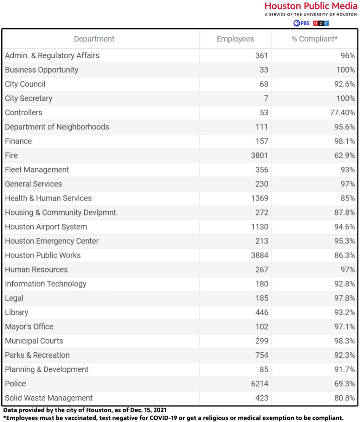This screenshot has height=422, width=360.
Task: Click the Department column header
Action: click(94, 39)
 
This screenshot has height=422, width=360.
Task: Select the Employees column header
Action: click(235, 39)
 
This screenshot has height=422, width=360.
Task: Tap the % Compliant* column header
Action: click(314, 39)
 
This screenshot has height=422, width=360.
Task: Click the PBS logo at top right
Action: click(301, 23)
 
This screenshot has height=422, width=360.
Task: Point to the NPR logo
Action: click(321, 23)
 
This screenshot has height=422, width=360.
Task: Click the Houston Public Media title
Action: click(311, 6)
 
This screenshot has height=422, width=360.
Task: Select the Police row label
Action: click(16, 384)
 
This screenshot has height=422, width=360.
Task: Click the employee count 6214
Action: click(259, 384)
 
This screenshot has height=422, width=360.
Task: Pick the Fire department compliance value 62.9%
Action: click(344, 155)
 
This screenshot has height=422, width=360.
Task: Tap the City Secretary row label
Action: click(29, 98)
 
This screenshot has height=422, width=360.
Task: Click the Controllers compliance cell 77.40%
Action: click(342, 113)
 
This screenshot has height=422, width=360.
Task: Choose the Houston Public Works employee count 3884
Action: click(259, 255)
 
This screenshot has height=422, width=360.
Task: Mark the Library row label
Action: click(17, 312)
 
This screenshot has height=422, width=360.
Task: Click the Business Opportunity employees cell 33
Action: click(264, 70)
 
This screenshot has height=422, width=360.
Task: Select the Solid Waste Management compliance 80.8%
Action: click(344, 398)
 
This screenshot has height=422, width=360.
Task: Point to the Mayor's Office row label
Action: click(29, 327)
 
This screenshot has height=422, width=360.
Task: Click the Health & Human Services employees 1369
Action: click(259, 198)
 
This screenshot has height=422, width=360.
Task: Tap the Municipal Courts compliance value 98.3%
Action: click(344, 341)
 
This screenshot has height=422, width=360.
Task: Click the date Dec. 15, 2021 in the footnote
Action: click(148, 410)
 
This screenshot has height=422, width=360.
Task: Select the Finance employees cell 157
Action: click(262, 141)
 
